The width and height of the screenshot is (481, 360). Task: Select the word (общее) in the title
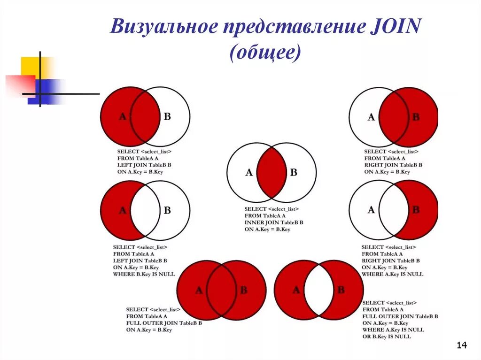pyautogui.click(x=265, y=52)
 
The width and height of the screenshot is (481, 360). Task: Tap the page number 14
pyautogui.click(x=462, y=346)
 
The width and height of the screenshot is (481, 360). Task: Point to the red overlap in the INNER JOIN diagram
pyautogui.click(x=272, y=172)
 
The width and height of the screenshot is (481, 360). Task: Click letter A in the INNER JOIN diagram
pyautogui.click(x=249, y=173)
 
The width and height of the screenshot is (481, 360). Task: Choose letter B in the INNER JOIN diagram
pyautogui.click(x=294, y=172)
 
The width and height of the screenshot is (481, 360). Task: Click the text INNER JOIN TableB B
pyautogui.click(x=274, y=222)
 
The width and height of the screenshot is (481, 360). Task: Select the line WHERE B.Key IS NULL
pyautogui.click(x=144, y=274)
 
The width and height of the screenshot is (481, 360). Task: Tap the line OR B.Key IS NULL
pyautogui.click(x=387, y=337)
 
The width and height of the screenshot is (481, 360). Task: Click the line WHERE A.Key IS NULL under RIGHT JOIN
pyautogui.click(x=392, y=274)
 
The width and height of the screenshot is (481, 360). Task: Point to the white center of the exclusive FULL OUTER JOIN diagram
pyautogui.click(x=318, y=290)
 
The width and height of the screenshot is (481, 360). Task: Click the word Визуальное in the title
pyautogui.click(x=163, y=27)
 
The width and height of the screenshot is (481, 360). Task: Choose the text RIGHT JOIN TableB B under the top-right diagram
pyautogui.click(x=393, y=165)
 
